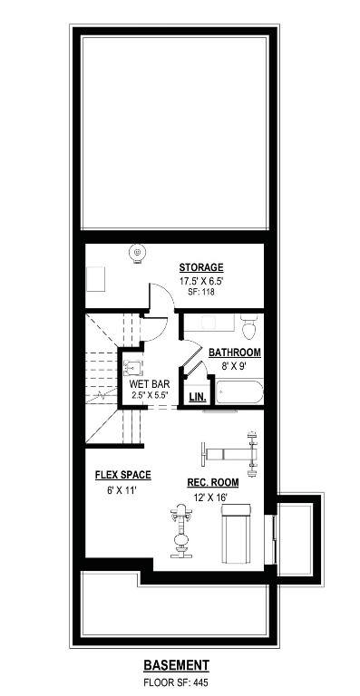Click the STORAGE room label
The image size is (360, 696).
click(201, 267)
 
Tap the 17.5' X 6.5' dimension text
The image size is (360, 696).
click(201, 281)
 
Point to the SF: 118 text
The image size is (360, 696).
click(201, 292)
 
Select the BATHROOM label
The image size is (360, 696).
click(235, 353)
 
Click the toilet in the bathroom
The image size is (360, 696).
click(249, 326)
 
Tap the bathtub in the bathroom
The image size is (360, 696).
click(239, 391)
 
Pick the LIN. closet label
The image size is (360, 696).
click(198, 397)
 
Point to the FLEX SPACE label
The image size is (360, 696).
click(123, 475)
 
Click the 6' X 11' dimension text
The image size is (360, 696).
click(117, 491)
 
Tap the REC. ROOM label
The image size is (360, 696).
click(213, 482)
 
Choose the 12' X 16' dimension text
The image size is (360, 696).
click(211, 498)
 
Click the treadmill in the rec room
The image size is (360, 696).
click(237, 534)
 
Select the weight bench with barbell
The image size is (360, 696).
click(229, 454)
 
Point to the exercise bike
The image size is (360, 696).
click(181, 531)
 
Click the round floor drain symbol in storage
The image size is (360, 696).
click(137, 254)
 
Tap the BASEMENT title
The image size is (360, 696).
click(176, 665)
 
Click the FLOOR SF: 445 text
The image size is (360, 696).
click(176, 681)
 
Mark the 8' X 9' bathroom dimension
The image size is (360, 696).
click(234, 366)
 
